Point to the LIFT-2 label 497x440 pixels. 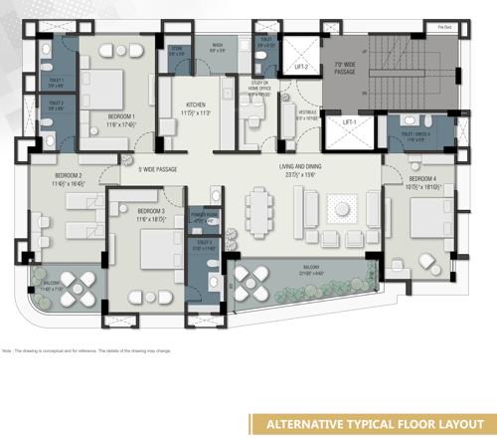coord(300,67)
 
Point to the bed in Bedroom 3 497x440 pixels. coord(154,249)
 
